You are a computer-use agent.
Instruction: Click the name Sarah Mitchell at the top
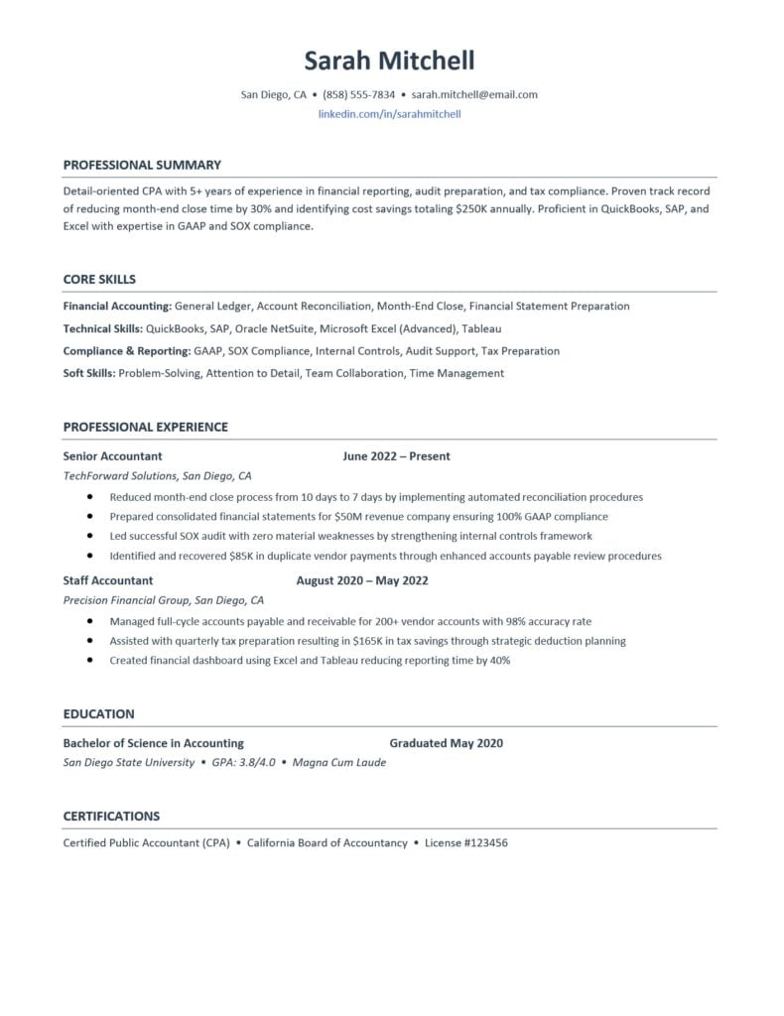tap(389, 61)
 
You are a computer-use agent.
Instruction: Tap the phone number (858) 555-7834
tap(358, 95)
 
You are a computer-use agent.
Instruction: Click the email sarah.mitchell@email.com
tap(474, 95)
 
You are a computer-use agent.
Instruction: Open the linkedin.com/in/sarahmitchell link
tap(389, 114)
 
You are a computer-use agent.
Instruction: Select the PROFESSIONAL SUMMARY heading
tap(142, 165)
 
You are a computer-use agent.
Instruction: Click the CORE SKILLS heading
tap(99, 279)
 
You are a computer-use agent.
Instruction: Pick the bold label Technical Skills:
tap(102, 328)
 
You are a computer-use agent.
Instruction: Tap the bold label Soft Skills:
tap(89, 373)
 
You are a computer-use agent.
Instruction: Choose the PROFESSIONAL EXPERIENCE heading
tap(145, 427)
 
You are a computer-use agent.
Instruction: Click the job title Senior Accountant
tap(112, 456)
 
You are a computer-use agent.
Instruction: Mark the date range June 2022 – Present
tap(396, 456)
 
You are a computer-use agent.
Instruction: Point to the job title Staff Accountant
tap(108, 580)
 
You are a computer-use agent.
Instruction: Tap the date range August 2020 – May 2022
tap(362, 580)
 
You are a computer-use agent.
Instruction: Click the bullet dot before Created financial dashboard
tap(90, 660)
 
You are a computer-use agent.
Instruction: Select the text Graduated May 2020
tap(446, 743)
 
